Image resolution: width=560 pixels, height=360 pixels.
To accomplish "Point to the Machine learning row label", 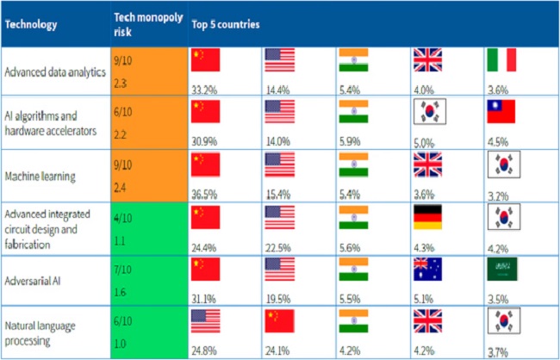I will click(39, 176).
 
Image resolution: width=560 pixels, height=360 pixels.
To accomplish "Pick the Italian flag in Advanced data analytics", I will click(501, 59).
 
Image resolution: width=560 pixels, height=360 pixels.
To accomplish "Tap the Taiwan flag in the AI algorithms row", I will click(501, 112).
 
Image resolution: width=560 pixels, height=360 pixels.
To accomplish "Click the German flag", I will click(428, 218).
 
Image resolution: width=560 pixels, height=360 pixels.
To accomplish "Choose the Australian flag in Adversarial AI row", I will click(428, 270).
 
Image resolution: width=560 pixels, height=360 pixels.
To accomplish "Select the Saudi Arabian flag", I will click(501, 270).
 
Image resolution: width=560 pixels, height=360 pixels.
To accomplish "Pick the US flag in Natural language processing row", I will click(205, 322).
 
